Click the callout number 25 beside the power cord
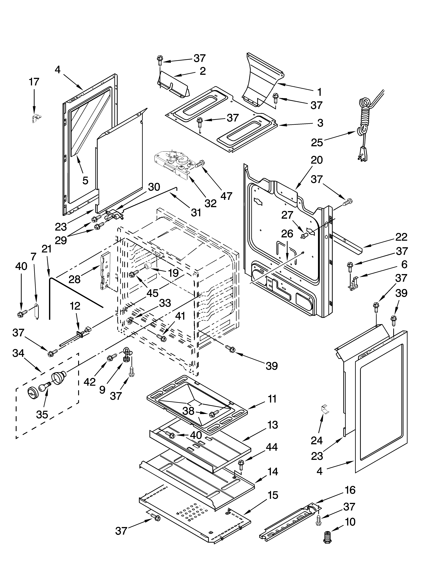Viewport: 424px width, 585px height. click(x=317, y=142)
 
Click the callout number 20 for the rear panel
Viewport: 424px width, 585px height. click(x=317, y=160)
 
